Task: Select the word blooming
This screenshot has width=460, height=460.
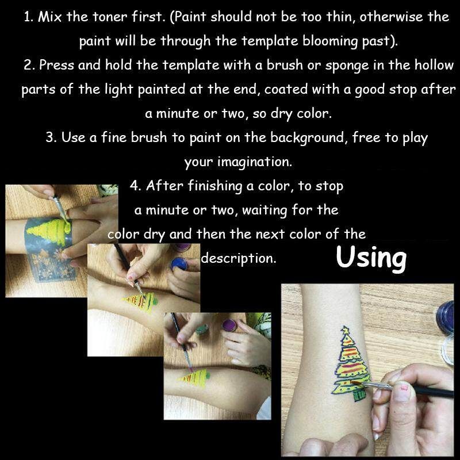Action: [329, 41]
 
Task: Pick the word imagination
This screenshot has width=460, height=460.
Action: [255, 162]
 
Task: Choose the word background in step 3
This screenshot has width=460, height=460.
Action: [307, 137]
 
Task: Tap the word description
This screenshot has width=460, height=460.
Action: [239, 259]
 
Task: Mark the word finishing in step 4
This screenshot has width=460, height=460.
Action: [214, 186]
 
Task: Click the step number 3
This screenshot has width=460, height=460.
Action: [51, 137]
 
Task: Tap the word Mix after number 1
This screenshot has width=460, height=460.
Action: [50, 17]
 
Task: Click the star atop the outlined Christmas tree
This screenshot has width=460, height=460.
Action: [346, 329]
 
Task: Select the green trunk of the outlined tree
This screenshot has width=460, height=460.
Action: [359, 394]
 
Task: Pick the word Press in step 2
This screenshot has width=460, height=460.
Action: [56, 65]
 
